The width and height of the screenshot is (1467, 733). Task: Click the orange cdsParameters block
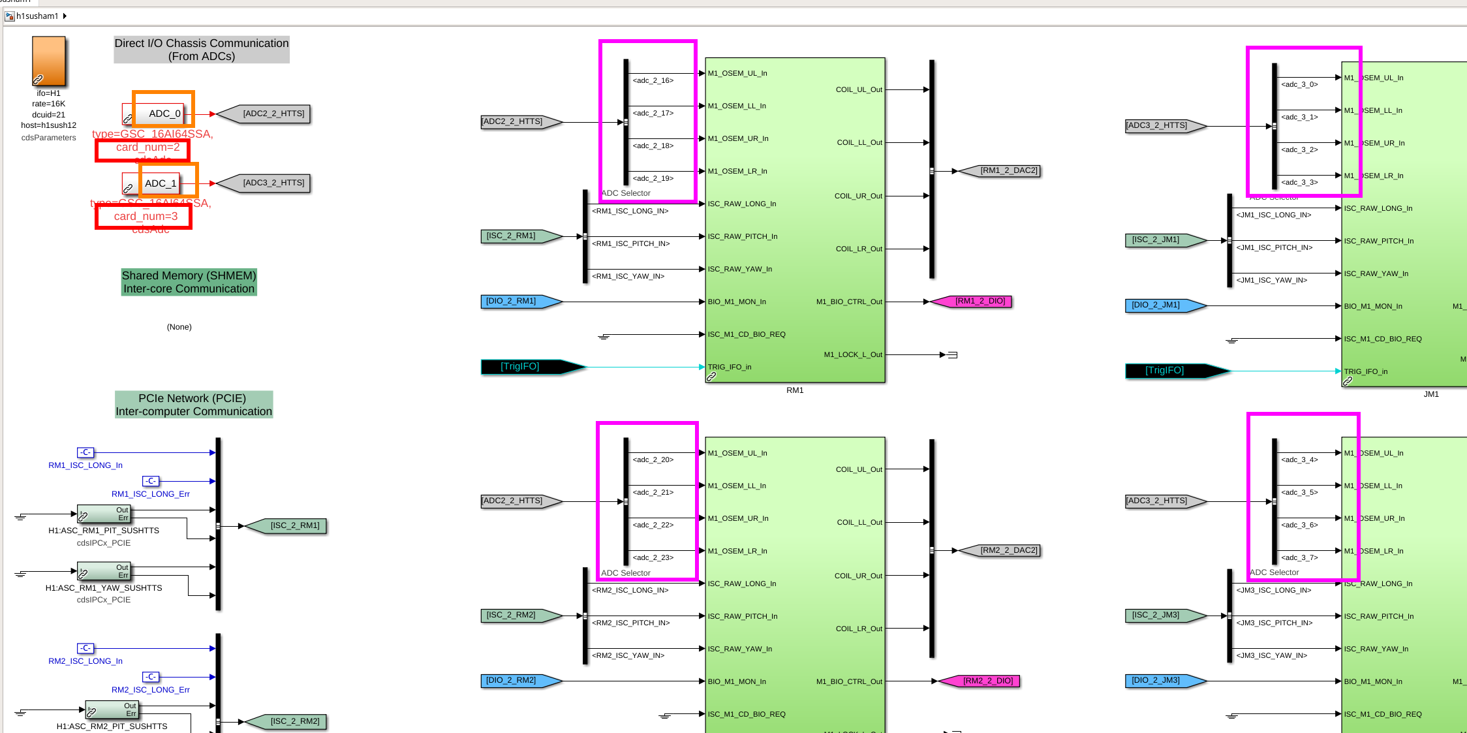(49, 61)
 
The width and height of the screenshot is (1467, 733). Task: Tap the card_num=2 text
(147, 148)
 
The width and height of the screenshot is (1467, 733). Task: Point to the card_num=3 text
(146, 216)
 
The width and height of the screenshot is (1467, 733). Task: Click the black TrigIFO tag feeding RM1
(526, 367)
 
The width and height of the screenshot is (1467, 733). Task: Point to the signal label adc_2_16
(653, 81)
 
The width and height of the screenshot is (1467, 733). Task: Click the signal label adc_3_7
(1299, 557)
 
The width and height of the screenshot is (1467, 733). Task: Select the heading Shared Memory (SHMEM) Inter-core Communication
(189, 282)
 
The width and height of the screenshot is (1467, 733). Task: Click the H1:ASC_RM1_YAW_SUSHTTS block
(104, 572)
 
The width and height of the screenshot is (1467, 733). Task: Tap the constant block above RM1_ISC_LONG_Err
(151, 481)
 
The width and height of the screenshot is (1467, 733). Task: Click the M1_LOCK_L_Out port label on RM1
(852, 355)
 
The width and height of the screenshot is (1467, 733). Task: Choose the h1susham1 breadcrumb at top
(37, 16)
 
